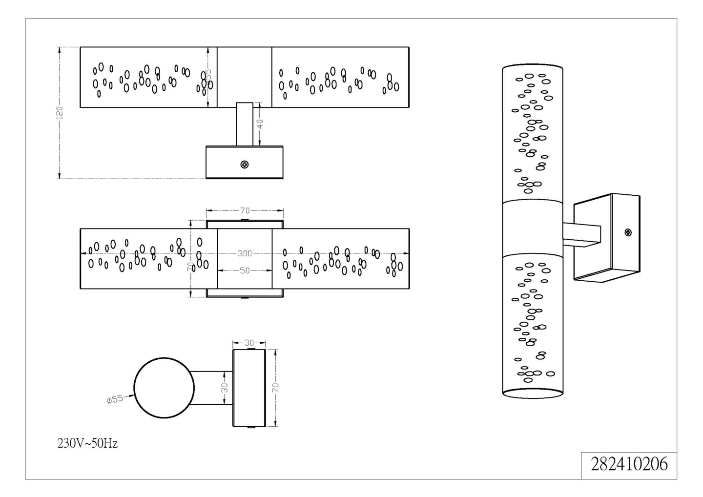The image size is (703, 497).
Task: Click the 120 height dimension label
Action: (x=60, y=113)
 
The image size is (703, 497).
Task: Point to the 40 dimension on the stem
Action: (x=260, y=124)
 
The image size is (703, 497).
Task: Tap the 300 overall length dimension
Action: (x=245, y=253)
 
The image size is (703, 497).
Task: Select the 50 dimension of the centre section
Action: (x=245, y=270)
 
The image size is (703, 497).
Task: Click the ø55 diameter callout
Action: (x=115, y=399)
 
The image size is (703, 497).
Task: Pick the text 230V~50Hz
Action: (x=87, y=443)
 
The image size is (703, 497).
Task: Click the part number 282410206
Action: (x=629, y=464)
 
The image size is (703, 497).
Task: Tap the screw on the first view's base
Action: (x=245, y=165)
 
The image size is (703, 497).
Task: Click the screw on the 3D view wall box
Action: (x=628, y=232)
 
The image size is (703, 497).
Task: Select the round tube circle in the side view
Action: (x=164, y=388)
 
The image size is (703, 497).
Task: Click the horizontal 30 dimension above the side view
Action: (x=249, y=343)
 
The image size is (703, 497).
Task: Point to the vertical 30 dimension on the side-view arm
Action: (x=225, y=388)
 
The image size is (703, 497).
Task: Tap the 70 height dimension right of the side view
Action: (x=275, y=388)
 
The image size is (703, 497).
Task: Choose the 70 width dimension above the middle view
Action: (x=245, y=210)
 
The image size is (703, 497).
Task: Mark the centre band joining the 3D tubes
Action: (x=533, y=227)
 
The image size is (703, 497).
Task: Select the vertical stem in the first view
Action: (x=245, y=124)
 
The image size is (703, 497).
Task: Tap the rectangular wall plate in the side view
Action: (x=249, y=388)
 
